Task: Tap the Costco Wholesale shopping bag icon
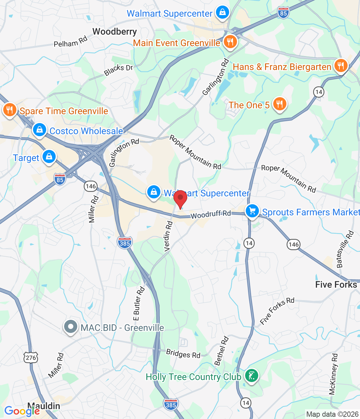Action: click(x=40, y=130)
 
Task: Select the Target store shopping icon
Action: click(x=49, y=157)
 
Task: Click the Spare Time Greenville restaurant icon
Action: click(x=10, y=110)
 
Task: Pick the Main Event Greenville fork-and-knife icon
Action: click(x=230, y=42)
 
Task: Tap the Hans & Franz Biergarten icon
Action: click(x=341, y=66)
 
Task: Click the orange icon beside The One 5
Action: click(x=279, y=104)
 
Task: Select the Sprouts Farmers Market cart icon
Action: click(x=252, y=211)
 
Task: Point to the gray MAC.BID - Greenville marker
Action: click(x=70, y=327)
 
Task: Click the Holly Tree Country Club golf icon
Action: click(x=251, y=376)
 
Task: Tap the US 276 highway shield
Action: click(x=31, y=357)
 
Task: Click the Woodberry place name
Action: click(x=115, y=32)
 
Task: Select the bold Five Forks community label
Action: click(x=336, y=284)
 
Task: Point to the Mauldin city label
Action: click(x=44, y=406)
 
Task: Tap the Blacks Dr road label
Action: click(x=118, y=70)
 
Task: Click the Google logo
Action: click(x=22, y=411)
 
